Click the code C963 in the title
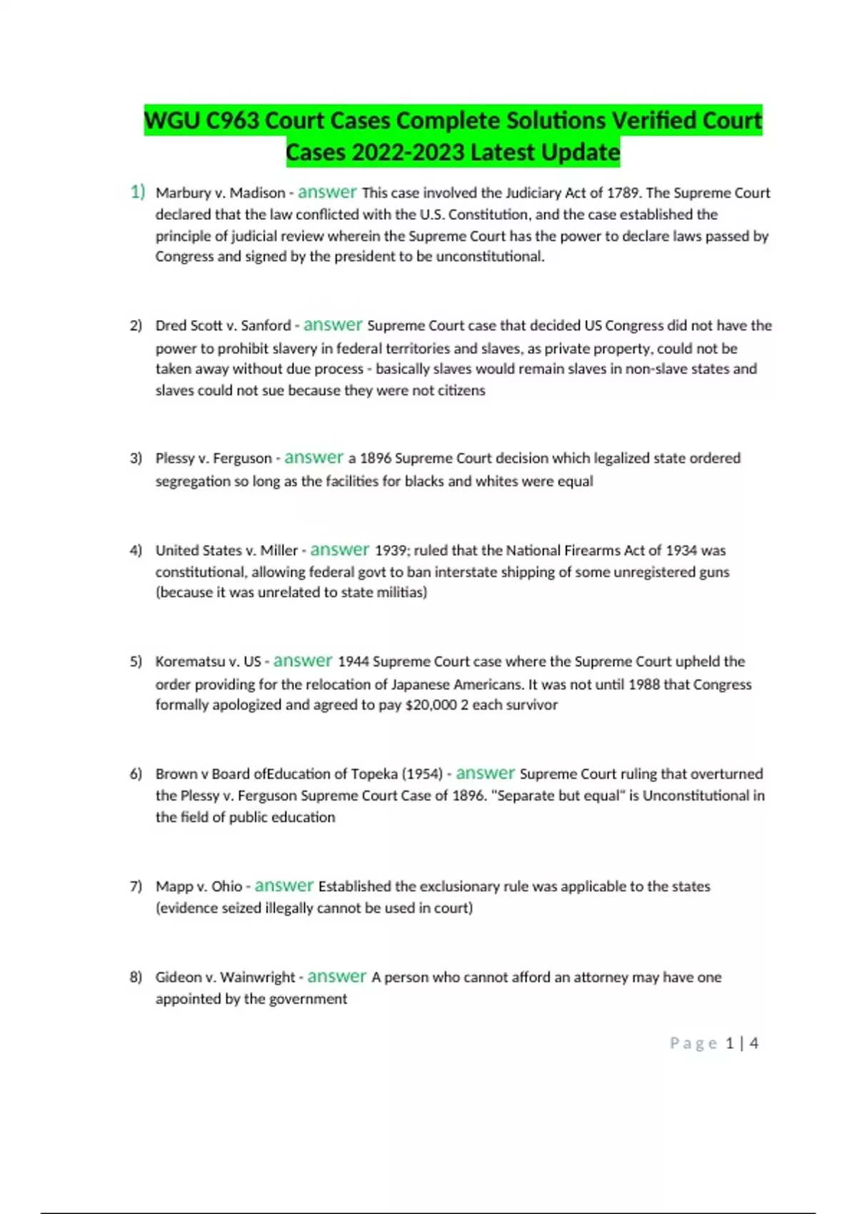pyautogui.click(x=233, y=121)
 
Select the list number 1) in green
pyautogui.click(x=137, y=192)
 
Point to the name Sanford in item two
pyautogui.click(x=266, y=326)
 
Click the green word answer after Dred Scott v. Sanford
pyautogui.click(x=333, y=325)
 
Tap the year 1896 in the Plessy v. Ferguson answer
pyautogui.click(x=376, y=458)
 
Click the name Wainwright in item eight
pyautogui.click(x=257, y=978)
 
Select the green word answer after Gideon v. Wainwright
pyautogui.click(x=336, y=977)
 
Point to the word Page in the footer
pyautogui.click(x=693, y=1043)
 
